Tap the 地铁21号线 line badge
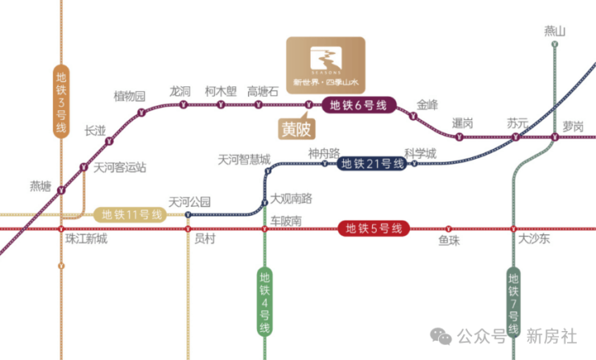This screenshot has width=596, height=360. pos(371,163)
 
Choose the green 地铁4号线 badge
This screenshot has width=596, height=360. pos(265,301)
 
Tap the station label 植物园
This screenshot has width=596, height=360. pos(130,97)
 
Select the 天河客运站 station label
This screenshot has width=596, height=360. pos(120,168)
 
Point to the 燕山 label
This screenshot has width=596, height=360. pos(555,31)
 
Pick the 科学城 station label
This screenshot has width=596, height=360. pos(420,152)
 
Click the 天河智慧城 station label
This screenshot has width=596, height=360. pos(244,159)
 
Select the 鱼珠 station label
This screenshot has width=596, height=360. pos(449,240)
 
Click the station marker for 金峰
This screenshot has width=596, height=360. pos(412,118)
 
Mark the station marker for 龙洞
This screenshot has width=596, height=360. pos(180,105)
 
